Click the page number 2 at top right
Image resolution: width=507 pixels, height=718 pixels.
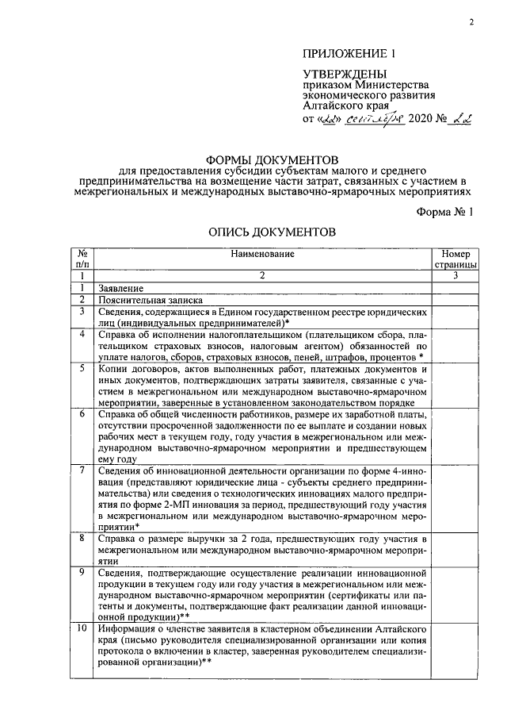[x=470, y=22]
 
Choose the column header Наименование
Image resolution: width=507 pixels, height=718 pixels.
[x=262, y=254]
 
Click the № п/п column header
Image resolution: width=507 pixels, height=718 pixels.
[x=82, y=259]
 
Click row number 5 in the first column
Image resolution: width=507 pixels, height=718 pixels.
[x=82, y=370]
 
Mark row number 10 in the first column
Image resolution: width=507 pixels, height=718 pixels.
[x=82, y=628]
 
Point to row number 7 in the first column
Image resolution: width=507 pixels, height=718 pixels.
[x=82, y=471]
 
